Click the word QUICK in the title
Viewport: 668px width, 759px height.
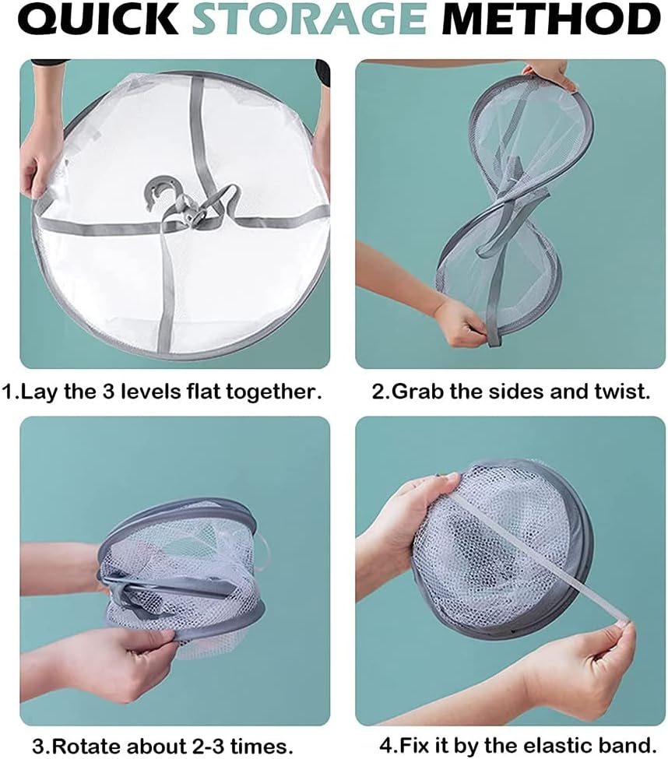[98, 19]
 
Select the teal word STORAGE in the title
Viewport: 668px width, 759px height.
[309, 19]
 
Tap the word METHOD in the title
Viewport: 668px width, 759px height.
[551, 19]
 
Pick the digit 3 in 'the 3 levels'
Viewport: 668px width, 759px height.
[108, 392]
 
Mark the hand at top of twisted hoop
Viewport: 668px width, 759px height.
[550, 76]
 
